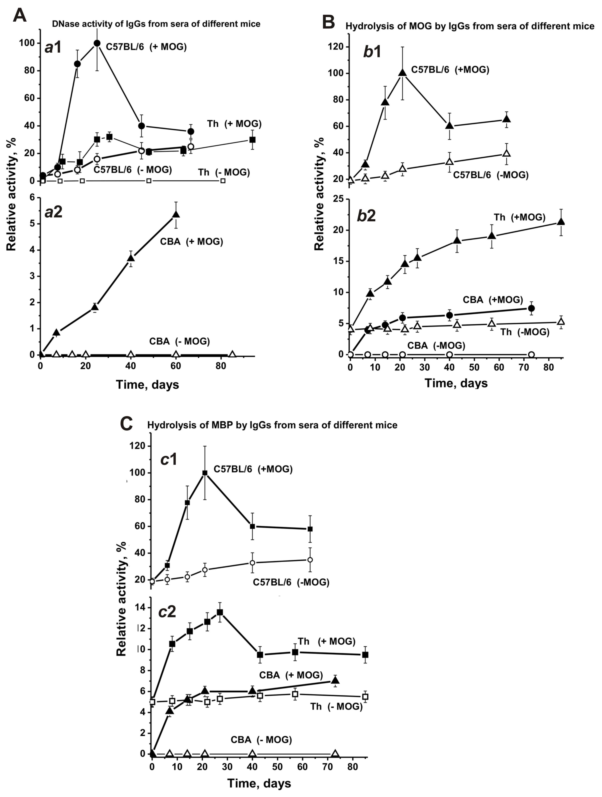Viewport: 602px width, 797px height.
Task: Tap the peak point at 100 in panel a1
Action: coord(97,43)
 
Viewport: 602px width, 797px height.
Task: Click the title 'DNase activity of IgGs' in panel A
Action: coord(156,24)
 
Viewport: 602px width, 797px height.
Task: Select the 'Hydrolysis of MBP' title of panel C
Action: coord(272,425)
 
